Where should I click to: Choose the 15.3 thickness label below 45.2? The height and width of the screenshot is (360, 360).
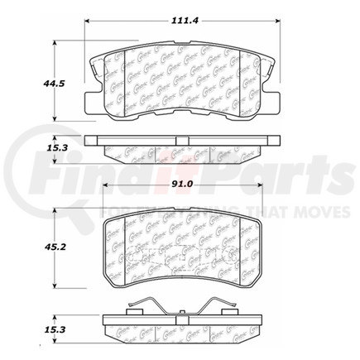click(x=55, y=329)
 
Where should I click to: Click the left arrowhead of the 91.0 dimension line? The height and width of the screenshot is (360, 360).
click(x=106, y=199)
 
